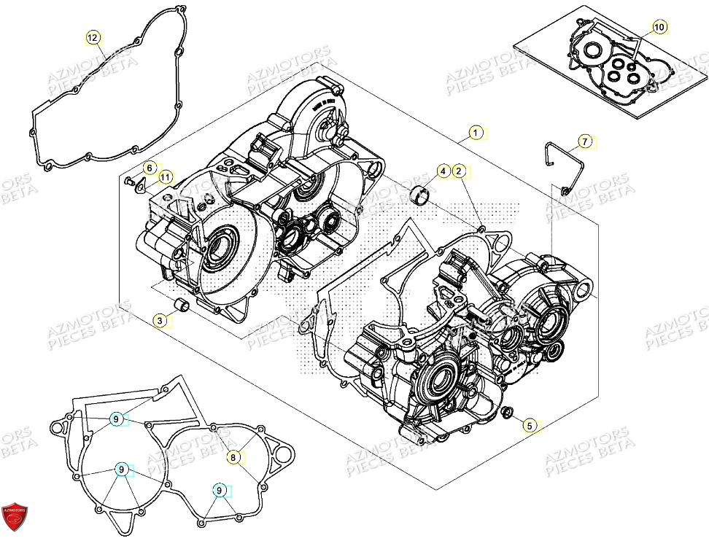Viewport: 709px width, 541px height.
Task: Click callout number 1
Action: [x=475, y=133]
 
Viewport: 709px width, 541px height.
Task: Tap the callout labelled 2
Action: [x=459, y=171]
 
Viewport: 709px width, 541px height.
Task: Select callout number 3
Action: [x=158, y=320]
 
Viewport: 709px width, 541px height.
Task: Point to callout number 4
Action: [x=442, y=171]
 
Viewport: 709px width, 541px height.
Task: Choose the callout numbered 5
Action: [x=530, y=425]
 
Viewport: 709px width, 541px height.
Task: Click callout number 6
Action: [x=148, y=168]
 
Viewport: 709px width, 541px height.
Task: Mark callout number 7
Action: [x=584, y=141]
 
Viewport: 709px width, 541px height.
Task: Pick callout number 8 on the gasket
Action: [x=233, y=457]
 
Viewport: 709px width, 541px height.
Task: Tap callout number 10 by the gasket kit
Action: [x=659, y=28]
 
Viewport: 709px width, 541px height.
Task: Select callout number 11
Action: [x=165, y=176]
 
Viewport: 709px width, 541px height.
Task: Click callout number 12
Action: [x=93, y=37]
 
